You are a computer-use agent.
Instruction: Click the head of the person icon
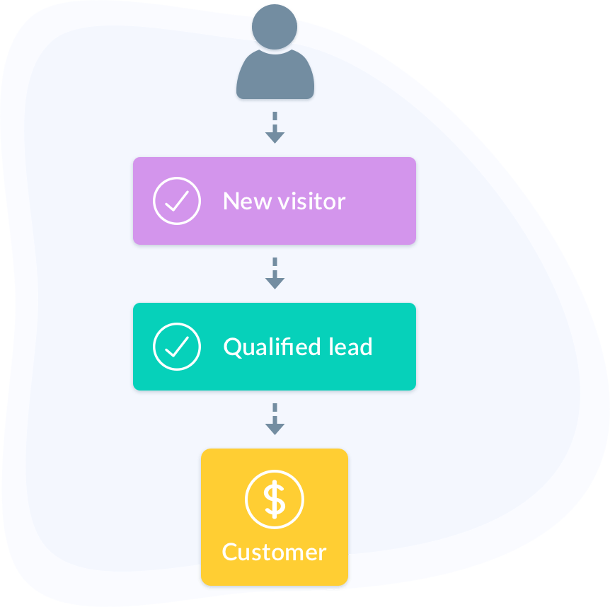click(x=275, y=27)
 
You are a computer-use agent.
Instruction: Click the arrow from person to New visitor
click(x=275, y=127)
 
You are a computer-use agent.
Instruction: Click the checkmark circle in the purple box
click(x=176, y=201)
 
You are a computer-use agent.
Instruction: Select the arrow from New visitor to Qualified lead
click(x=275, y=273)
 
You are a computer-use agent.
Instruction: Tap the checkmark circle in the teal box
click(x=176, y=347)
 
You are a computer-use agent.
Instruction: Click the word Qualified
click(x=271, y=347)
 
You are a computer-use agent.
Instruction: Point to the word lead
click(x=350, y=347)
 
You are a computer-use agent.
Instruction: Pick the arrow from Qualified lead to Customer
click(x=275, y=419)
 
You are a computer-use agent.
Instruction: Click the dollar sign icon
click(x=275, y=499)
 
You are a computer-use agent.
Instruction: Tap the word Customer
click(x=275, y=552)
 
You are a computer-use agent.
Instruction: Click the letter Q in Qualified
click(x=232, y=347)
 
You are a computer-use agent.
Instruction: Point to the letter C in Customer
click(x=231, y=552)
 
